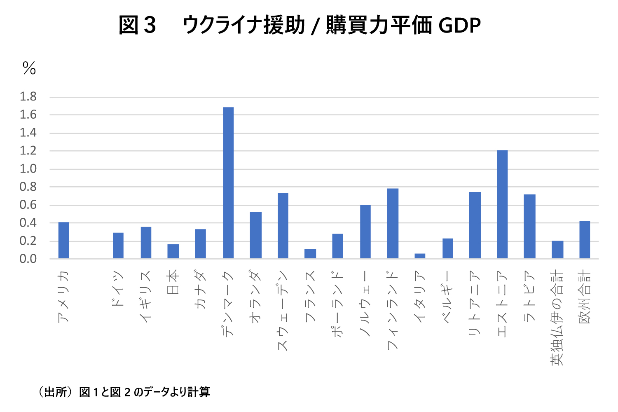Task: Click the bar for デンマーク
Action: [x=228, y=183]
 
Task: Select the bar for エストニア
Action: [x=502, y=204]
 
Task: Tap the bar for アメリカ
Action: [x=63, y=240]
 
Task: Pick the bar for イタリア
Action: [x=420, y=256]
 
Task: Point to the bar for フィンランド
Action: [x=393, y=223]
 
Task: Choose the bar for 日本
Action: [x=173, y=251]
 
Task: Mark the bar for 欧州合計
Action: [x=585, y=240]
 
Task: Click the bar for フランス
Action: [x=310, y=253]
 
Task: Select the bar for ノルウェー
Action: [x=365, y=232]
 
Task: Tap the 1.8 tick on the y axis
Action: [x=28, y=97]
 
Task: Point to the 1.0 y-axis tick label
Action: [x=28, y=169]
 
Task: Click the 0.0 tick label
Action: [x=28, y=259]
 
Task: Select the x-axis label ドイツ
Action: [x=118, y=289]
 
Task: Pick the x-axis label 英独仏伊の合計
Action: [x=557, y=318]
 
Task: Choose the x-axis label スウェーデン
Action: [x=283, y=311]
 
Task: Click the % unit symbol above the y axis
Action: [x=29, y=68]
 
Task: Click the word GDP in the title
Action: [x=459, y=26]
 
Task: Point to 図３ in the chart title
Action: [x=137, y=26]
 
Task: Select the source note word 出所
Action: [x=55, y=392]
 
